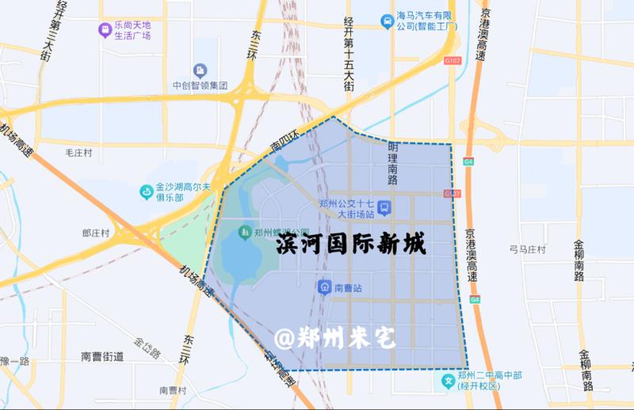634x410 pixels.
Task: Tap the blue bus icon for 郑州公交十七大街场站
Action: (384, 208)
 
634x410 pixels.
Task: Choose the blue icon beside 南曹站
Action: (324, 287)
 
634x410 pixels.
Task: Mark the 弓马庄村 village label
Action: (527, 250)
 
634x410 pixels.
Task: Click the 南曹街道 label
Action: (102, 357)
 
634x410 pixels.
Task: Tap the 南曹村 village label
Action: (172, 390)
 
